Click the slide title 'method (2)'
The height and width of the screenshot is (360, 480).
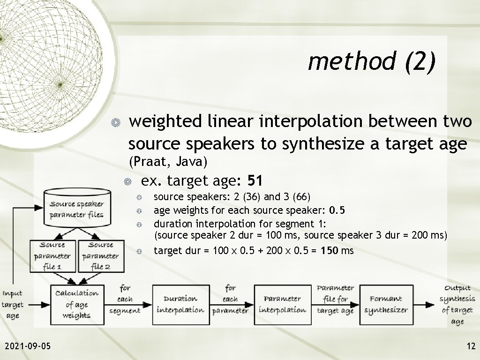[x=372, y=61]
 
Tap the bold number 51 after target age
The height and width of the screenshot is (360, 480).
[x=256, y=180]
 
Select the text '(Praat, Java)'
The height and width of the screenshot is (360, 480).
[x=168, y=162]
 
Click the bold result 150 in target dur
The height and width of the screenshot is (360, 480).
[x=329, y=251]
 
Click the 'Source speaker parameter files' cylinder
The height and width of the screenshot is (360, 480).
[x=77, y=209]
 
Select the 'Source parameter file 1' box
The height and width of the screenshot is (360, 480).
[x=52, y=256]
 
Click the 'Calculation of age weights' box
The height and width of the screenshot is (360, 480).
[x=77, y=304]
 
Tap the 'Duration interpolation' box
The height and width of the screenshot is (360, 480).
[x=180, y=304]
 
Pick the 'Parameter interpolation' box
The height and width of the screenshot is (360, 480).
[x=283, y=304]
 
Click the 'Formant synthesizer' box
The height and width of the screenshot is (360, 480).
[x=386, y=304]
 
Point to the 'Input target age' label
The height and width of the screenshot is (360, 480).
[x=13, y=305]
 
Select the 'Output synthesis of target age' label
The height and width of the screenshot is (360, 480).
[x=457, y=304]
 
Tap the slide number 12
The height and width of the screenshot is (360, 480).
[x=471, y=346]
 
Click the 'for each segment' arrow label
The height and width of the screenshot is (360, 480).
[x=125, y=299]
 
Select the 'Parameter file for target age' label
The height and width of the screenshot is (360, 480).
[x=335, y=300]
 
